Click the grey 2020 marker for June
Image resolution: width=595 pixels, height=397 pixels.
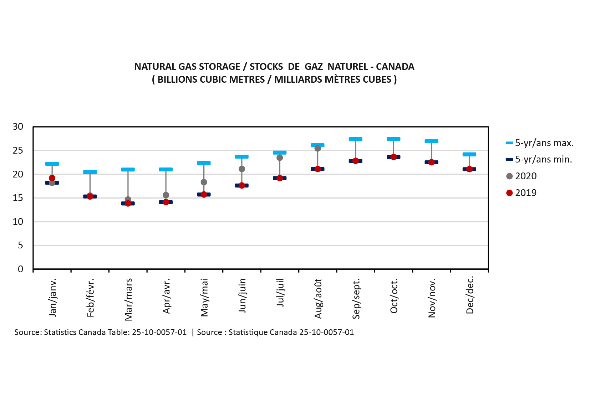pyautogui.click(x=242, y=169)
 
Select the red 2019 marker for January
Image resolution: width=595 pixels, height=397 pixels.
pyautogui.click(x=52, y=178)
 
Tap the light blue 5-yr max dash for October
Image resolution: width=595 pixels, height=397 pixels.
pyautogui.click(x=393, y=139)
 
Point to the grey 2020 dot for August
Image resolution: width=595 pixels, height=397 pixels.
pyautogui.click(x=317, y=149)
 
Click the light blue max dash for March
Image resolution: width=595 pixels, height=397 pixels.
pyautogui.click(x=128, y=170)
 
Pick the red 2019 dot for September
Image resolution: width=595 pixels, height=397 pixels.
pyautogui.click(x=356, y=161)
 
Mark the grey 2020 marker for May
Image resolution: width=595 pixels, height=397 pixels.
pyautogui.click(x=204, y=182)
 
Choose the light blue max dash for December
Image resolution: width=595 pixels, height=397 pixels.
pyautogui.click(x=469, y=154)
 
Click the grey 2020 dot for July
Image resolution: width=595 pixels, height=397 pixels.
pyautogui.click(x=280, y=158)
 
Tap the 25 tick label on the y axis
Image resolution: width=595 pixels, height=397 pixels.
pyautogui.click(x=18, y=150)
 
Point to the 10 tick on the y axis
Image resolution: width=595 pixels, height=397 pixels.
pyautogui.click(x=18, y=222)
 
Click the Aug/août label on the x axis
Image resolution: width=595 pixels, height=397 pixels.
pyautogui.click(x=318, y=299)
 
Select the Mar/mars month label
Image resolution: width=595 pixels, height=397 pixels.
pyautogui.click(x=128, y=299)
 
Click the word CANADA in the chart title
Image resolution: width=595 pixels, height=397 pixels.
pyautogui.click(x=395, y=67)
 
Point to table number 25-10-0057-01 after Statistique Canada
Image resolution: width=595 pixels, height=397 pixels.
pyautogui.click(x=326, y=332)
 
